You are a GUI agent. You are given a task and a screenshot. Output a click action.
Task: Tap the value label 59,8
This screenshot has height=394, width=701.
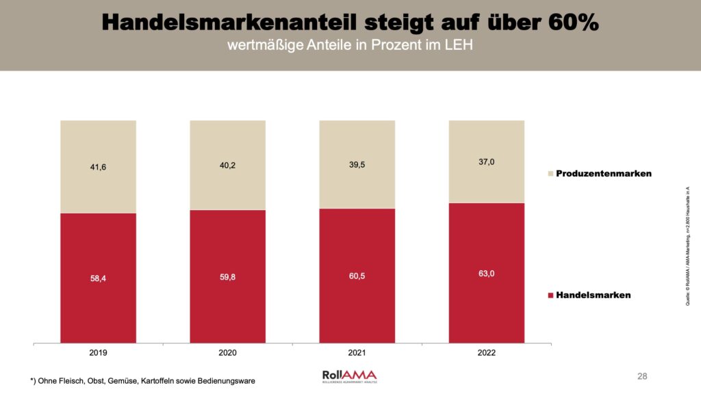(x=227, y=277)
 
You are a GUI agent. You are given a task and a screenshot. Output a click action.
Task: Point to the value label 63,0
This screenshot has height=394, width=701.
(x=487, y=274)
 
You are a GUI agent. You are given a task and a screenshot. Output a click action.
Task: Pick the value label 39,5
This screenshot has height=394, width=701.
(x=357, y=165)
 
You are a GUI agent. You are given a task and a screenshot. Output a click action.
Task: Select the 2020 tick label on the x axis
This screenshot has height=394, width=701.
(x=227, y=353)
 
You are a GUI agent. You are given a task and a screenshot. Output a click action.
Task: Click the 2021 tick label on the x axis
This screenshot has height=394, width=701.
(x=357, y=353)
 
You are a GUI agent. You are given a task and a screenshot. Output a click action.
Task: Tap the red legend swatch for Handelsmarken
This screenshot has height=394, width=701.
(x=549, y=295)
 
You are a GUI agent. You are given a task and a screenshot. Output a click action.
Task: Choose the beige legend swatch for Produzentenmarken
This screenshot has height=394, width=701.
(x=549, y=174)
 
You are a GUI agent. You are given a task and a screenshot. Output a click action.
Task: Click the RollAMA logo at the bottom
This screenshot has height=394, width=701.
(x=349, y=376)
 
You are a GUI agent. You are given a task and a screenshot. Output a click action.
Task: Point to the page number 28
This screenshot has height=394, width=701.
(x=642, y=376)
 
